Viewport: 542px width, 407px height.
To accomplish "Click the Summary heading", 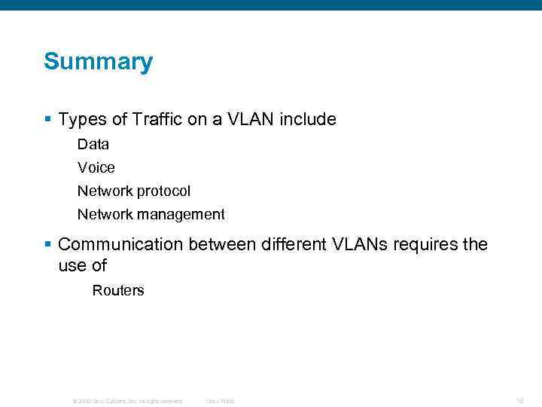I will [98, 62].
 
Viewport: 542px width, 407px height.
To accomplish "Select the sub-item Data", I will [93, 144].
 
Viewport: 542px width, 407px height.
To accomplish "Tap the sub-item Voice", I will [96, 167].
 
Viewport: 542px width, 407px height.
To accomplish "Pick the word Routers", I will [118, 290].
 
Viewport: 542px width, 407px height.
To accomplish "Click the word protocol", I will [163, 191].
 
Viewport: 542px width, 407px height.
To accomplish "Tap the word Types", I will [82, 119].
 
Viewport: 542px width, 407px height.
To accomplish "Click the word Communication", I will [120, 245].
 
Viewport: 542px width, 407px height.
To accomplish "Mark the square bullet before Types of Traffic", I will [47, 119].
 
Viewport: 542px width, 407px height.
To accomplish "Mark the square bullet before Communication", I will [47, 244].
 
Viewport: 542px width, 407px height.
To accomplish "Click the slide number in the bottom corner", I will [520, 401].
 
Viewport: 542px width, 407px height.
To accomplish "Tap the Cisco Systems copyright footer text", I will [127, 401].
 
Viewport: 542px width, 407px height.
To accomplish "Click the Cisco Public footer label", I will [220, 401].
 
